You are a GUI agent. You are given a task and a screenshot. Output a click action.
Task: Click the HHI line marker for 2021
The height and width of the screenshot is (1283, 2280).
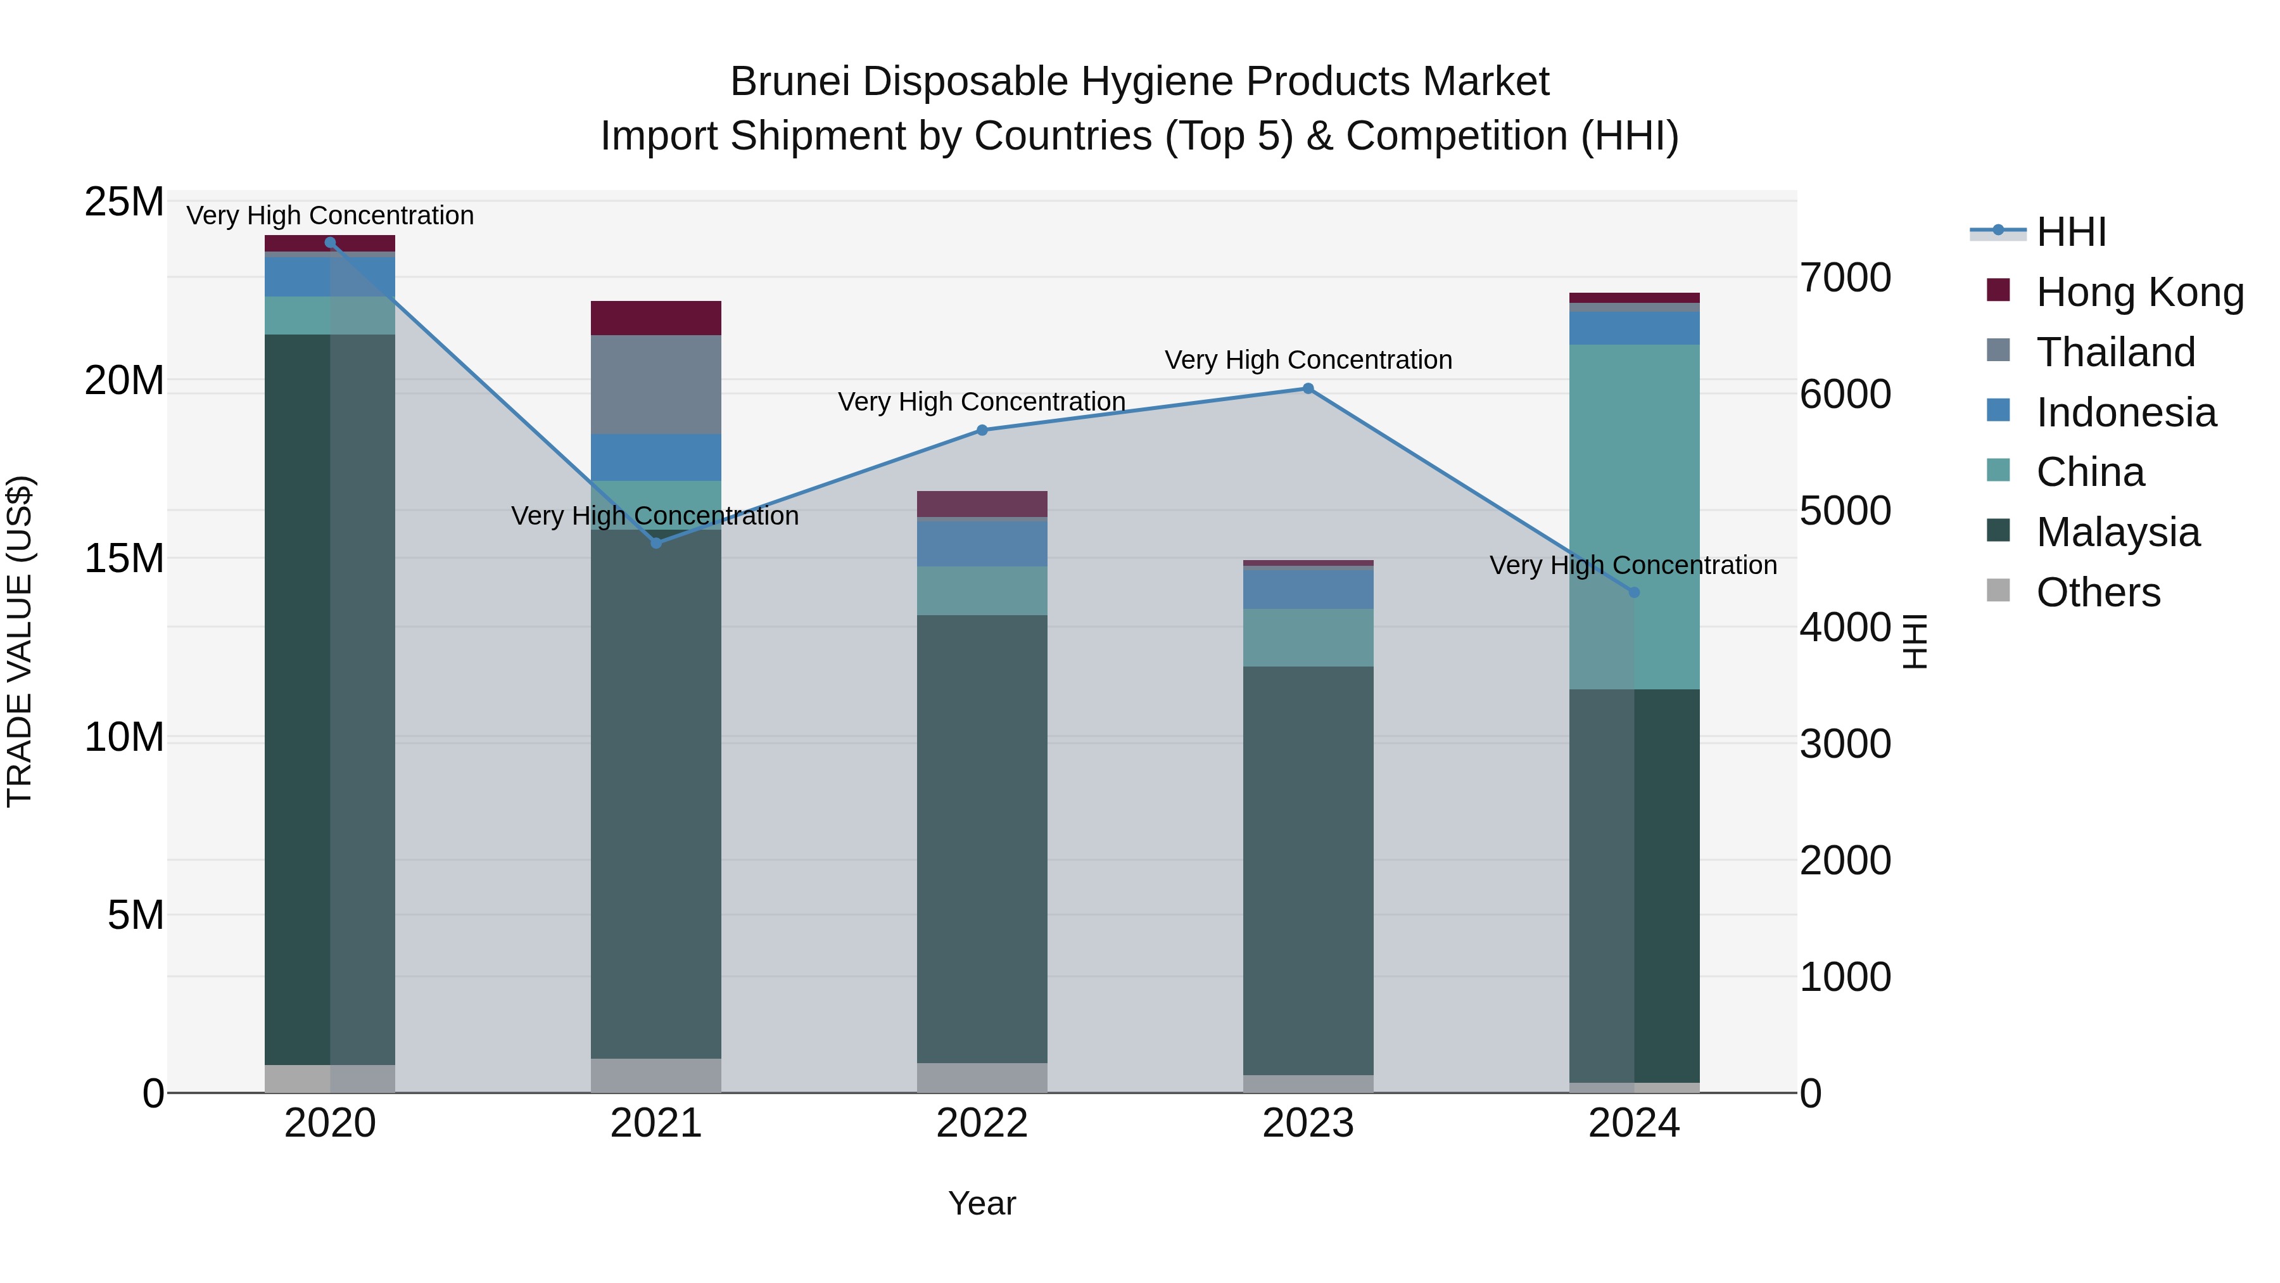click(x=656, y=543)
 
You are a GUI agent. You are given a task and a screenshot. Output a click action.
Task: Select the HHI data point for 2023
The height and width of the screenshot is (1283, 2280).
click(x=1308, y=389)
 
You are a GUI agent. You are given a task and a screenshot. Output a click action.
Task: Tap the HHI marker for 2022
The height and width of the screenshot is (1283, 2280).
click(x=982, y=430)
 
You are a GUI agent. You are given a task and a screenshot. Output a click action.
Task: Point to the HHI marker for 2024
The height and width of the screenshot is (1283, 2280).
click(x=1634, y=592)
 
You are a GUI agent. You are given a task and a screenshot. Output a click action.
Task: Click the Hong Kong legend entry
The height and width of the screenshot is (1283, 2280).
click(x=2139, y=292)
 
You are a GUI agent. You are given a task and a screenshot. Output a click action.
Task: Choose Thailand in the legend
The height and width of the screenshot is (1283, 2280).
click(x=2115, y=352)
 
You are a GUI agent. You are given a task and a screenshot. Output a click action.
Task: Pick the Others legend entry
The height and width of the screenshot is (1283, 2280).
click(x=2098, y=592)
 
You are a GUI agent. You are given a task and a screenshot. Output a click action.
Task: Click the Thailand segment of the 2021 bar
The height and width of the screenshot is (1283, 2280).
click(x=656, y=385)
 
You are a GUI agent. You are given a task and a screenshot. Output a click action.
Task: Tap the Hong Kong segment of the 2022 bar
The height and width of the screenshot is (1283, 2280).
click(x=982, y=504)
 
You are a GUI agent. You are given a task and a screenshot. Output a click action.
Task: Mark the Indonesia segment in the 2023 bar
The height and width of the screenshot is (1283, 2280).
click(x=1308, y=589)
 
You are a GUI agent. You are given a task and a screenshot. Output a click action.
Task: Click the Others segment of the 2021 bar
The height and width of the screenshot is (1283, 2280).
click(x=656, y=1075)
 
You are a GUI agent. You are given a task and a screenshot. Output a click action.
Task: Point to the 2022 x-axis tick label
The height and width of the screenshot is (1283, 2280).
click(x=982, y=1123)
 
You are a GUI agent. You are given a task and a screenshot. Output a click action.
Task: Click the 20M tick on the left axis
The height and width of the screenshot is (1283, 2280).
click(x=124, y=381)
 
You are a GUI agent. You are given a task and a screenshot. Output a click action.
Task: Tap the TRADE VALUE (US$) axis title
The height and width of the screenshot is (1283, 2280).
click(x=20, y=641)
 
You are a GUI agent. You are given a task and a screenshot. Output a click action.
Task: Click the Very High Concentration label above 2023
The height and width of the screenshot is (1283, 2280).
click(x=1308, y=361)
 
